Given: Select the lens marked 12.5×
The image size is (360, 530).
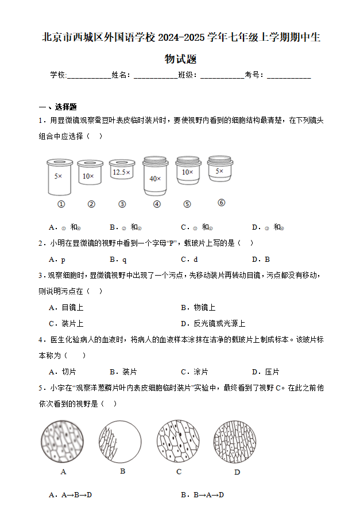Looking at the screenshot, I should point(121,172).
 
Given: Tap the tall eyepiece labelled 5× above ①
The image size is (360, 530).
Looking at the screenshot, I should point(59,176).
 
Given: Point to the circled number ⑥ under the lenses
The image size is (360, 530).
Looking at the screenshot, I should point(221,203).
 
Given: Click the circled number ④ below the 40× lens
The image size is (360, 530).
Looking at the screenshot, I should point(157,204).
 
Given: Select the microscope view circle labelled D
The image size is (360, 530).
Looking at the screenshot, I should point(236,442).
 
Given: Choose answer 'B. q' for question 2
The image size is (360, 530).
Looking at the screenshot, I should point(118,259).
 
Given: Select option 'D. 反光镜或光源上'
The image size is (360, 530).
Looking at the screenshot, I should point(212,323).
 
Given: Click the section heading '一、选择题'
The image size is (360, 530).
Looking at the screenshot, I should point(57,107).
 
